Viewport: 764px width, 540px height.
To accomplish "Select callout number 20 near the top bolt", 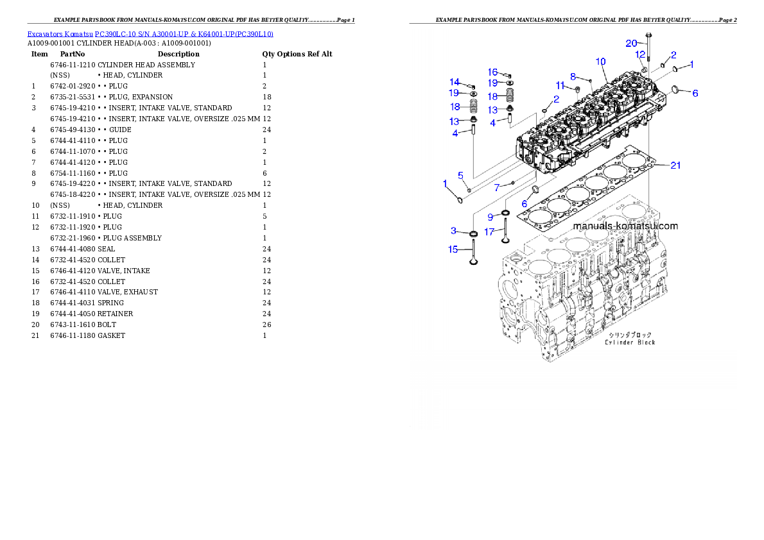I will click(632, 43).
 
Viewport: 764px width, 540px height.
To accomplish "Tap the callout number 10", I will click(600, 62).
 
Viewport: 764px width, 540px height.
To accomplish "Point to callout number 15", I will click(453, 249).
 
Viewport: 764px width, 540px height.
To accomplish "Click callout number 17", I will click(489, 232).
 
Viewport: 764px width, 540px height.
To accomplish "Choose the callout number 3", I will click(453, 230).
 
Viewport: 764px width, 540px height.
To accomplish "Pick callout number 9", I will click(490, 217).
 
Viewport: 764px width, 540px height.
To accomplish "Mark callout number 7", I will click(496, 187).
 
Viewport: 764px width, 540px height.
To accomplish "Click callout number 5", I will click(460, 175).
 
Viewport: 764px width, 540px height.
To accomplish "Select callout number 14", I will click(455, 82).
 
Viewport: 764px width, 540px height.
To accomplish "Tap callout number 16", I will click(492, 72).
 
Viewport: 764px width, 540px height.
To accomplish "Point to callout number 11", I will click(560, 85).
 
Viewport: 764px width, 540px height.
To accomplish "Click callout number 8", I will click(573, 76).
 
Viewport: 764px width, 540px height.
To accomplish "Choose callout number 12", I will click(640, 55).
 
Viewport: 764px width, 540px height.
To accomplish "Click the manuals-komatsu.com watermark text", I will click(625, 226).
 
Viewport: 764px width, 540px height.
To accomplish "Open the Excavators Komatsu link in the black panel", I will click(150, 34).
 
